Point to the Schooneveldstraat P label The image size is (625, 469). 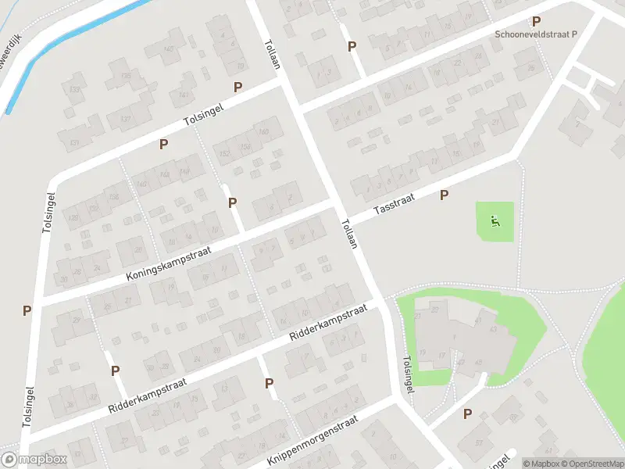(535, 34)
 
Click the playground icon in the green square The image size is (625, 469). (495, 222)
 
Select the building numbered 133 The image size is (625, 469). (75, 91)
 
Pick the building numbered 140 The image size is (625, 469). (142, 184)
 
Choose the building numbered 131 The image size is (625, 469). (75, 142)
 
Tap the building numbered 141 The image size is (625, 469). (184, 95)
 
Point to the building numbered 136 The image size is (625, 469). (115, 196)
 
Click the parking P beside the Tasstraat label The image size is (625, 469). (445, 195)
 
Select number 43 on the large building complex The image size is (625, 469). (492, 329)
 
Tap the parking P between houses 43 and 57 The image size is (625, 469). (468, 414)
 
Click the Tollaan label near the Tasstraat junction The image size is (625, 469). (348, 234)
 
